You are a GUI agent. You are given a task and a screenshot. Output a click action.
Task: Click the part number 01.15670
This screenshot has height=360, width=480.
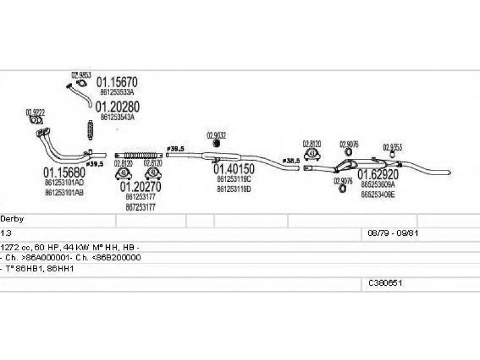point(118,83)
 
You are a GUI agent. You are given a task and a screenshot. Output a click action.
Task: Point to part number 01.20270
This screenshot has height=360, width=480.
point(141,187)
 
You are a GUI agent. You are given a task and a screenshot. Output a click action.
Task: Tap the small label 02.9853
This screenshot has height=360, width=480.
point(81,75)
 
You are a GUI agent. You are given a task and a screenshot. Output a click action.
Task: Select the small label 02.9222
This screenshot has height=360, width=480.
point(34,112)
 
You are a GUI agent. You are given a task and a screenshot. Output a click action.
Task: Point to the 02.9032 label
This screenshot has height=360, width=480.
point(216,135)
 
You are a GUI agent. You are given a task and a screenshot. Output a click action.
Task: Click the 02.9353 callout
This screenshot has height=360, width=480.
point(392,147)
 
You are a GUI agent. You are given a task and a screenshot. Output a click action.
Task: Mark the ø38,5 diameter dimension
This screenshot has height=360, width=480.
point(291,161)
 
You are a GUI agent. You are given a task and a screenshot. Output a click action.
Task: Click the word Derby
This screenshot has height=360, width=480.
point(12,220)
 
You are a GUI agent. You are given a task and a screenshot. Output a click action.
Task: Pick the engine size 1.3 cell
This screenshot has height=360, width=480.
point(5,232)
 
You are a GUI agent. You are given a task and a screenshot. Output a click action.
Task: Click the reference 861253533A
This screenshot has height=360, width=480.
point(117,93)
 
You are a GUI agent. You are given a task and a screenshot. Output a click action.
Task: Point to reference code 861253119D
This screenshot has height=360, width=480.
point(234,188)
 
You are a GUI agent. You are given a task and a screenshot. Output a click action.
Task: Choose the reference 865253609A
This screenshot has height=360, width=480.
point(378,185)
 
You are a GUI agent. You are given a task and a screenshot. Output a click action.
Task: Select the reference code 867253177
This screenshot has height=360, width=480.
point(141,207)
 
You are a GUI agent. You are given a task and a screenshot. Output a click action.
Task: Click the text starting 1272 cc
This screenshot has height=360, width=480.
point(70,247)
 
